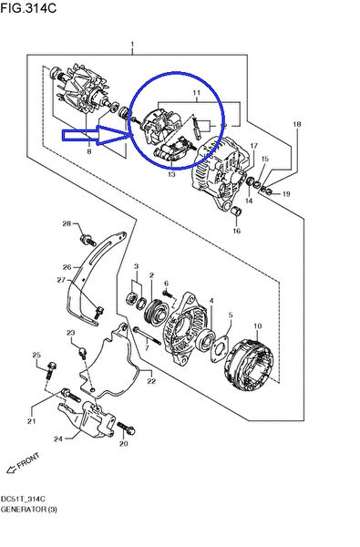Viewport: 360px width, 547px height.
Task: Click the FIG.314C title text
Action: (30, 8)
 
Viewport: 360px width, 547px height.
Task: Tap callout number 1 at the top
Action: (132, 45)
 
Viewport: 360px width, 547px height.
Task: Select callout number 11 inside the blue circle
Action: (194, 94)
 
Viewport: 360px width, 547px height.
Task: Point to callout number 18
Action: (295, 123)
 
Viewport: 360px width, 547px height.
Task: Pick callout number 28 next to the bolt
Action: (67, 223)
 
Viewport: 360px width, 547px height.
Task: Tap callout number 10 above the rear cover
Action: (257, 325)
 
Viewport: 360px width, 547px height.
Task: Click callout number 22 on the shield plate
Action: (151, 380)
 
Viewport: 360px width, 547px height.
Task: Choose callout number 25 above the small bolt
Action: (36, 354)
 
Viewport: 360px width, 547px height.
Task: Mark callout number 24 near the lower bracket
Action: (59, 439)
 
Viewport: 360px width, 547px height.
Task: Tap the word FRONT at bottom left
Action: (28, 461)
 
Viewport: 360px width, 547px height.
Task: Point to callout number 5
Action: (230, 315)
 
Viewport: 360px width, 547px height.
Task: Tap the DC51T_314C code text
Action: (24, 500)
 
